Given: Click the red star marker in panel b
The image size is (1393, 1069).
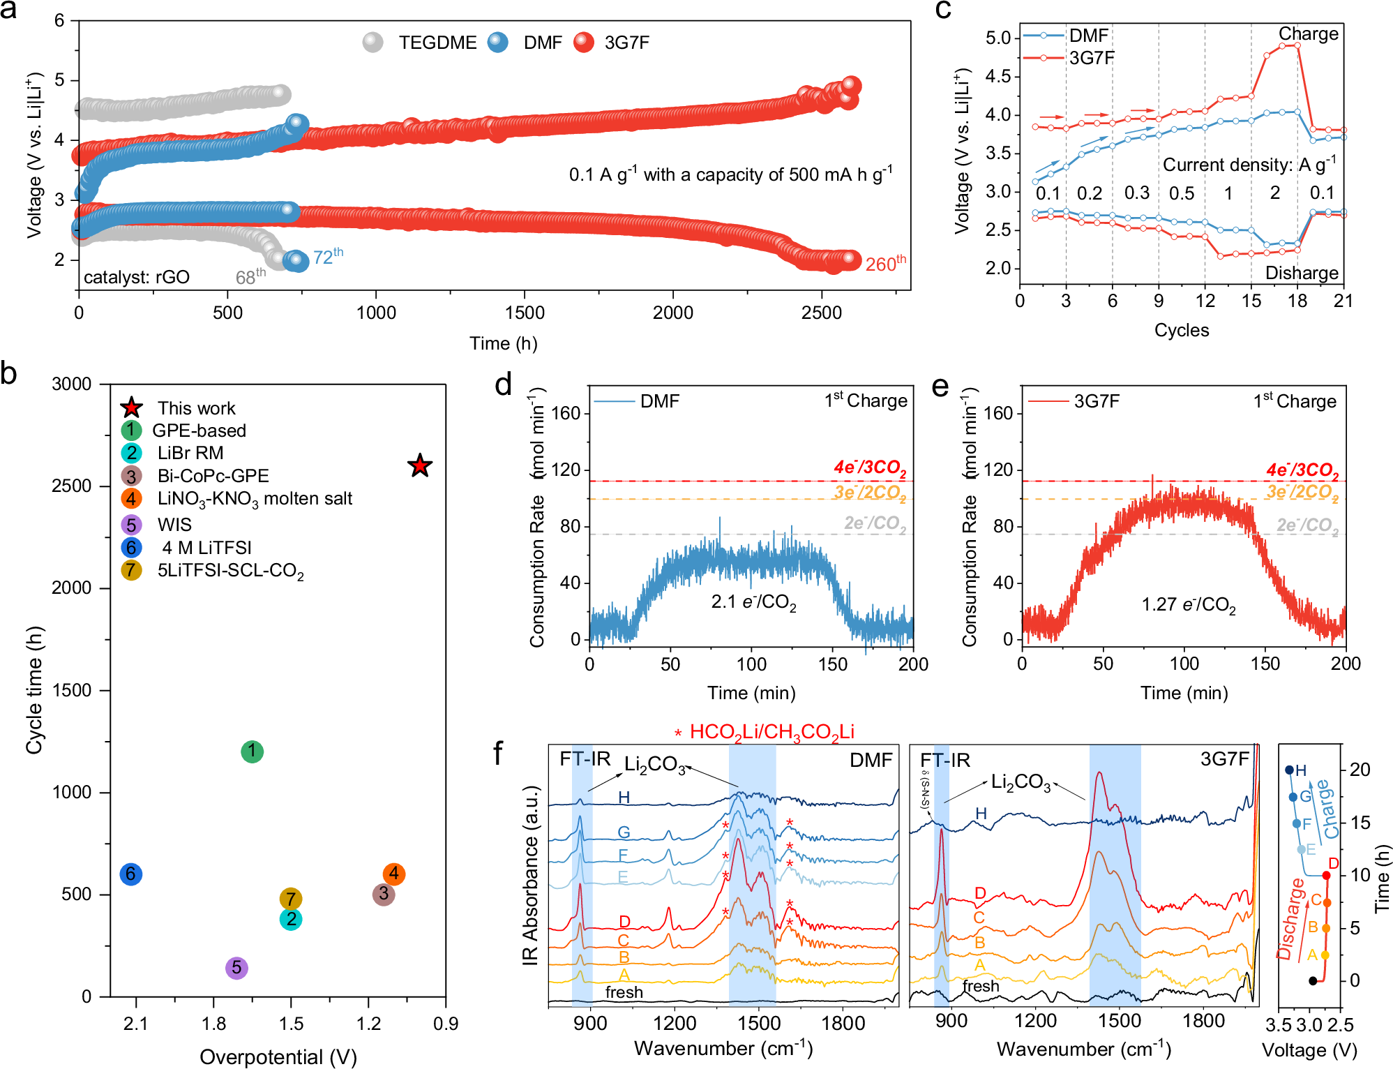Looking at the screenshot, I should click(x=420, y=465).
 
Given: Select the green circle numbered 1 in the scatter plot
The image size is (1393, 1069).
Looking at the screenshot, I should click(x=252, y=752).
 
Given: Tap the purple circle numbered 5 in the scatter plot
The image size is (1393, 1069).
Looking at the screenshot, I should click(x=236, y=968).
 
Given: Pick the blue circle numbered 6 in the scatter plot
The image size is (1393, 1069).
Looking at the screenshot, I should click(x=131, y=874).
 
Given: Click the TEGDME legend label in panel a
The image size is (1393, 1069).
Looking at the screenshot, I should click(x=437, y=43).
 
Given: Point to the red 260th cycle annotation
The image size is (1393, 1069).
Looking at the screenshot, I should click(x=885, y=264).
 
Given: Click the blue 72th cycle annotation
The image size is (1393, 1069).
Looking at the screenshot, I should click(x=328, y=257).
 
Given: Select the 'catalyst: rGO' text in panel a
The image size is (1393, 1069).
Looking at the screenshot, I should click(x=137, y=277).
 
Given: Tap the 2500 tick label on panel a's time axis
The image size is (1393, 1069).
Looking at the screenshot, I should click(x=821, y=313).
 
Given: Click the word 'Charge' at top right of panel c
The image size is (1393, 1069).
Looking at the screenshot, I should click(x=1308, y=33).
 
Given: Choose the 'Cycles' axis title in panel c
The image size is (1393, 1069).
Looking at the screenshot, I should click(x=1181, y=330).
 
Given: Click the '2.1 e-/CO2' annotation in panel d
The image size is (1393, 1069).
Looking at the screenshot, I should click(x=753, y=602).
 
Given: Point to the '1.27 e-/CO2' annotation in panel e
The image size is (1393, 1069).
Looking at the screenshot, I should click(x=1188, y=604).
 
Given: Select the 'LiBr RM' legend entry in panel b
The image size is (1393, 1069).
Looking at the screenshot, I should click(x=190, y=453).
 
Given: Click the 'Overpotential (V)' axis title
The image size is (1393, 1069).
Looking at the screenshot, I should click(x=278, y=1056).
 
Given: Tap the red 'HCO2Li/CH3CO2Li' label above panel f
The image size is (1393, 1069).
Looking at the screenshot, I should click(x=771, y=731).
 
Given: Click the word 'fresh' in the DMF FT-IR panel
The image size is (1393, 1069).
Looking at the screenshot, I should click(x=624, y=992).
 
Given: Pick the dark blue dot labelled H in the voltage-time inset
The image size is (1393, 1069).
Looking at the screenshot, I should click(x=1289, y=770).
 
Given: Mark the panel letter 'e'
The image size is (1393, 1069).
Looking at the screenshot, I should click(x=940, y=386).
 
